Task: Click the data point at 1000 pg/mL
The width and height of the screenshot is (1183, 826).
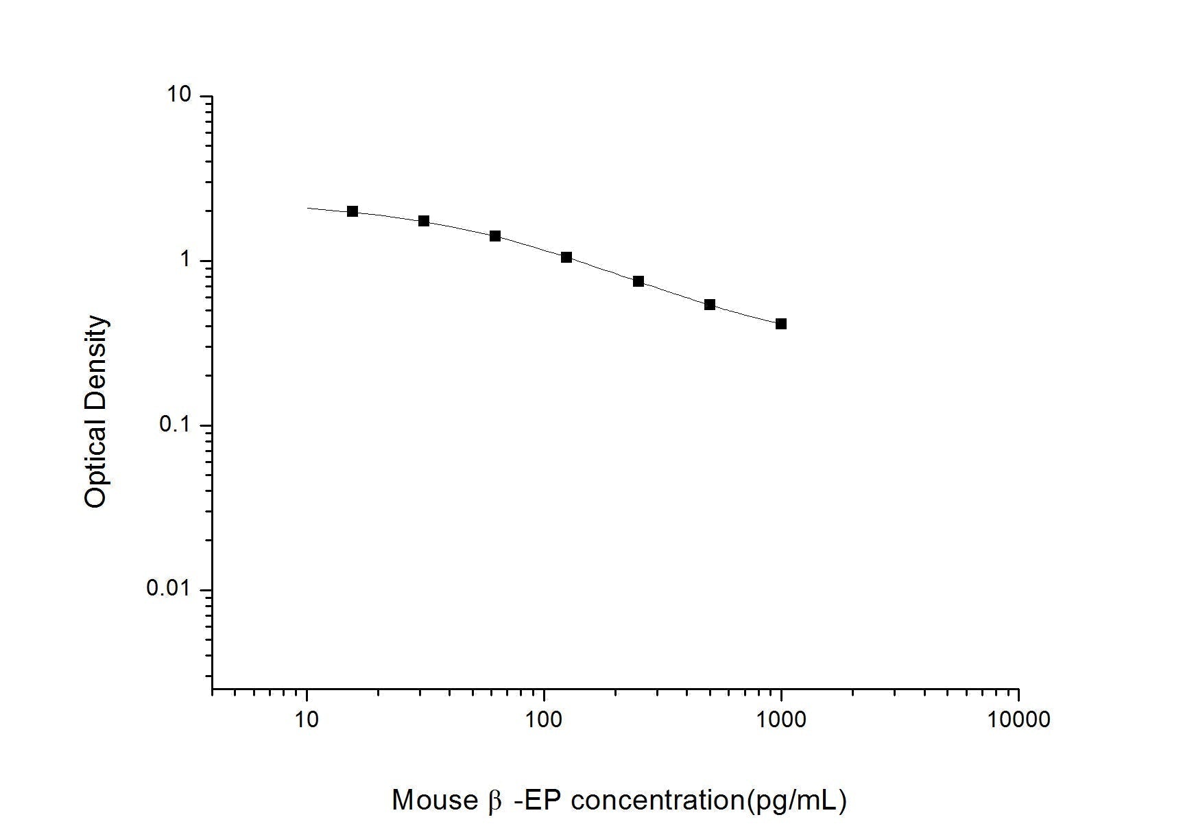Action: click(x=781, y=324)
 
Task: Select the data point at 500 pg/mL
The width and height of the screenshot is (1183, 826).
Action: click(x=710, y=305)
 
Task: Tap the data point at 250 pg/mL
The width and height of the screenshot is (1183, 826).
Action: click(x=638, y=281)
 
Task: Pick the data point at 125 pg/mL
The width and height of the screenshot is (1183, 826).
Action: click(x=566, y=257)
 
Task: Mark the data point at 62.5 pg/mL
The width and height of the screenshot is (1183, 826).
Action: click(x=495, y=236)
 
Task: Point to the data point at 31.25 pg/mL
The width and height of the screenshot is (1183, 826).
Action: click(x=424, y=221)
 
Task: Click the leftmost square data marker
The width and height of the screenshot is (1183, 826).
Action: click(x=352, y=211)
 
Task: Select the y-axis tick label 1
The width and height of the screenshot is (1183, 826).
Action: click(x=185, y=260)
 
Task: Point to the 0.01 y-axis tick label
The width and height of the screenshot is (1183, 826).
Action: click(x=169, y=589)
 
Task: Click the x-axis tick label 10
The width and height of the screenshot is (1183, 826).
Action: click(x=307, y=719)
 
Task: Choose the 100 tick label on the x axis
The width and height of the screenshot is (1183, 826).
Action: click(x=545, y=719)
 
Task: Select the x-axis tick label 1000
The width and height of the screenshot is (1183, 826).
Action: click(x=781, y=719)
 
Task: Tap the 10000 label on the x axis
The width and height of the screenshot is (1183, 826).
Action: click(x=1018, y=719)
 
